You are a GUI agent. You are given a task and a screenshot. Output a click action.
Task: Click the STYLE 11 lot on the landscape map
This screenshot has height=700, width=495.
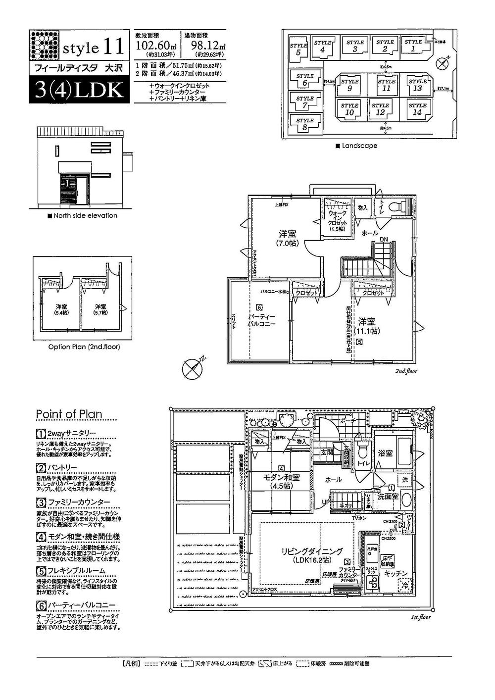coord(386,85)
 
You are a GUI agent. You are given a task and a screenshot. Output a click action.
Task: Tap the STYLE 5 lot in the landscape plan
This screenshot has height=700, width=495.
coord(298,49)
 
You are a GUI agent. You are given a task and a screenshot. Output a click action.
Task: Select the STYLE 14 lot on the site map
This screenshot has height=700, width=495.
coord(417,109)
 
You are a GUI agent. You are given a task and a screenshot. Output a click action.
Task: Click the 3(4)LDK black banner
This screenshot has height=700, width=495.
coord(78,90)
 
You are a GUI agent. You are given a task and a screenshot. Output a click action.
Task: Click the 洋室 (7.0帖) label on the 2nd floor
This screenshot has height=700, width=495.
coord(287,238)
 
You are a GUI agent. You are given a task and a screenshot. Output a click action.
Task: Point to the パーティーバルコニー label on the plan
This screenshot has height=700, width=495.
coord(261,320)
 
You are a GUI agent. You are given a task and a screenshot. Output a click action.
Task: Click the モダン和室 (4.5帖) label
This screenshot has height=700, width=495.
coord(281,481)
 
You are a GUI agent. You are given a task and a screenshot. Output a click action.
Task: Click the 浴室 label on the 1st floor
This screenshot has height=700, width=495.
coord(385,452)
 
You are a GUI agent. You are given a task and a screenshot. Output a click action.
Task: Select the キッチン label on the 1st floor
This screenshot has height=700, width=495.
coord(396,573)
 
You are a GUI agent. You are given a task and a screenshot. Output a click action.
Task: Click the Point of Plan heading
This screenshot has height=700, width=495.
coord(69,414)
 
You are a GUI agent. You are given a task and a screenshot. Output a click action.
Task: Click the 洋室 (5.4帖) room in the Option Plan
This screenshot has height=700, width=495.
coord(61,310)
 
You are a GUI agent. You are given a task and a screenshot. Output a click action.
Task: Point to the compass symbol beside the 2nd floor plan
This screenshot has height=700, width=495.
coord(191,368)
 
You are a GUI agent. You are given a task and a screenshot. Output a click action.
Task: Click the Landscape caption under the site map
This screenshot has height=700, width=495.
coord(356,146)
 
